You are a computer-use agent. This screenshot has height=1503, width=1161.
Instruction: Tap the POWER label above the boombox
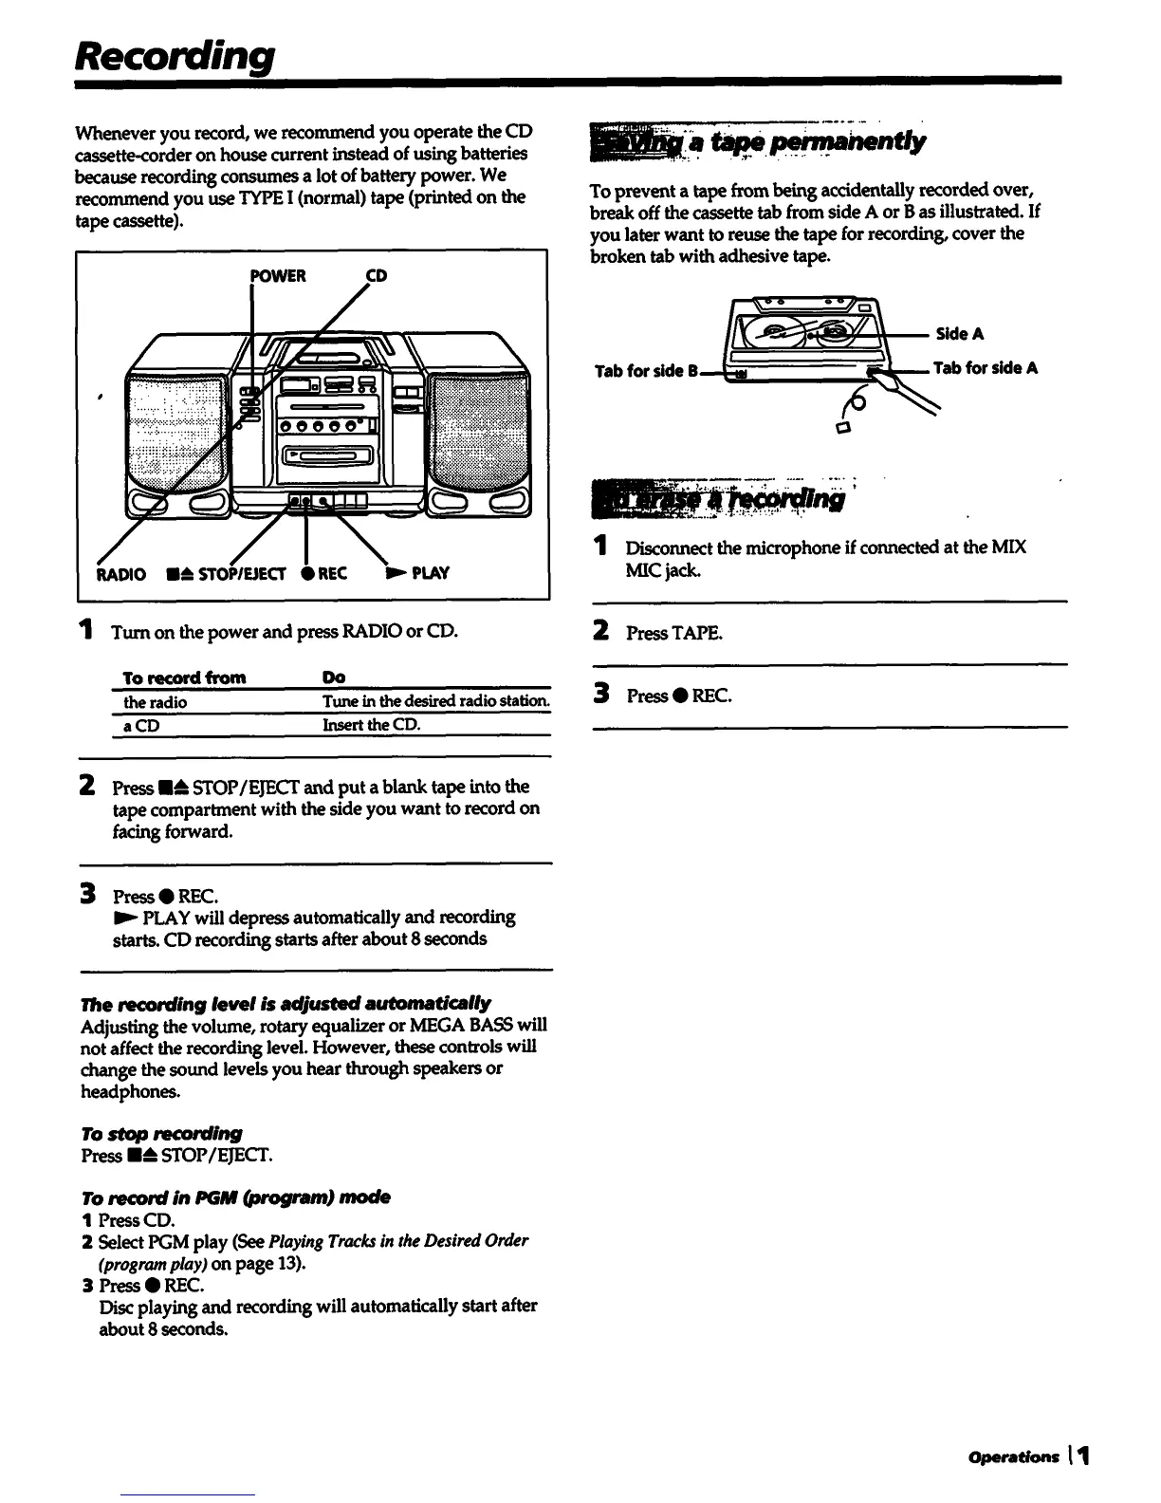click(x=278, y=276)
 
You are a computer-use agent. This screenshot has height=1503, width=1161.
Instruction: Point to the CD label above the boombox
click(x=377, y=276)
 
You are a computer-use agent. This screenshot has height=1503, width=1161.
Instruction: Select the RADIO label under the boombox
click(x=122, y=573)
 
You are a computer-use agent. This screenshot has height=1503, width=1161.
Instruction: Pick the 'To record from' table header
click(x=185, y=677)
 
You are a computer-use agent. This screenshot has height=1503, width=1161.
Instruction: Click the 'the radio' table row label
click(x=156, y=702)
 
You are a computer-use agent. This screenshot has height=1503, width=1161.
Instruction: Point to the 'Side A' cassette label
click(x=960, y=334)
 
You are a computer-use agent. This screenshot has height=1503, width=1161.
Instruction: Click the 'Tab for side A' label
click(x=986, y=368)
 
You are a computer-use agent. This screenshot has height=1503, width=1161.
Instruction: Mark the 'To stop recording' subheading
click(x=161, y=1133)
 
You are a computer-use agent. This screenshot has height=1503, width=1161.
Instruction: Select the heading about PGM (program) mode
click(x=235, y=1197)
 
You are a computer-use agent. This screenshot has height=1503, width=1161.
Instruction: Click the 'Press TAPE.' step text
click(x=673, y=633)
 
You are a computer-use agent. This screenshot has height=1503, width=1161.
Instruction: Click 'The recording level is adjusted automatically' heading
click(x=286, y=1003)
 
